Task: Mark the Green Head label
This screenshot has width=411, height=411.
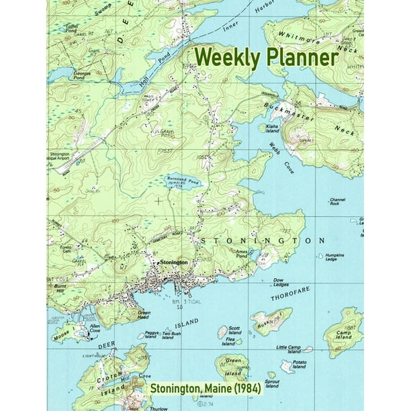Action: (144, 314)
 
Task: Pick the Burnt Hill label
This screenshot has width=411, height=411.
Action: (57, 287)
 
